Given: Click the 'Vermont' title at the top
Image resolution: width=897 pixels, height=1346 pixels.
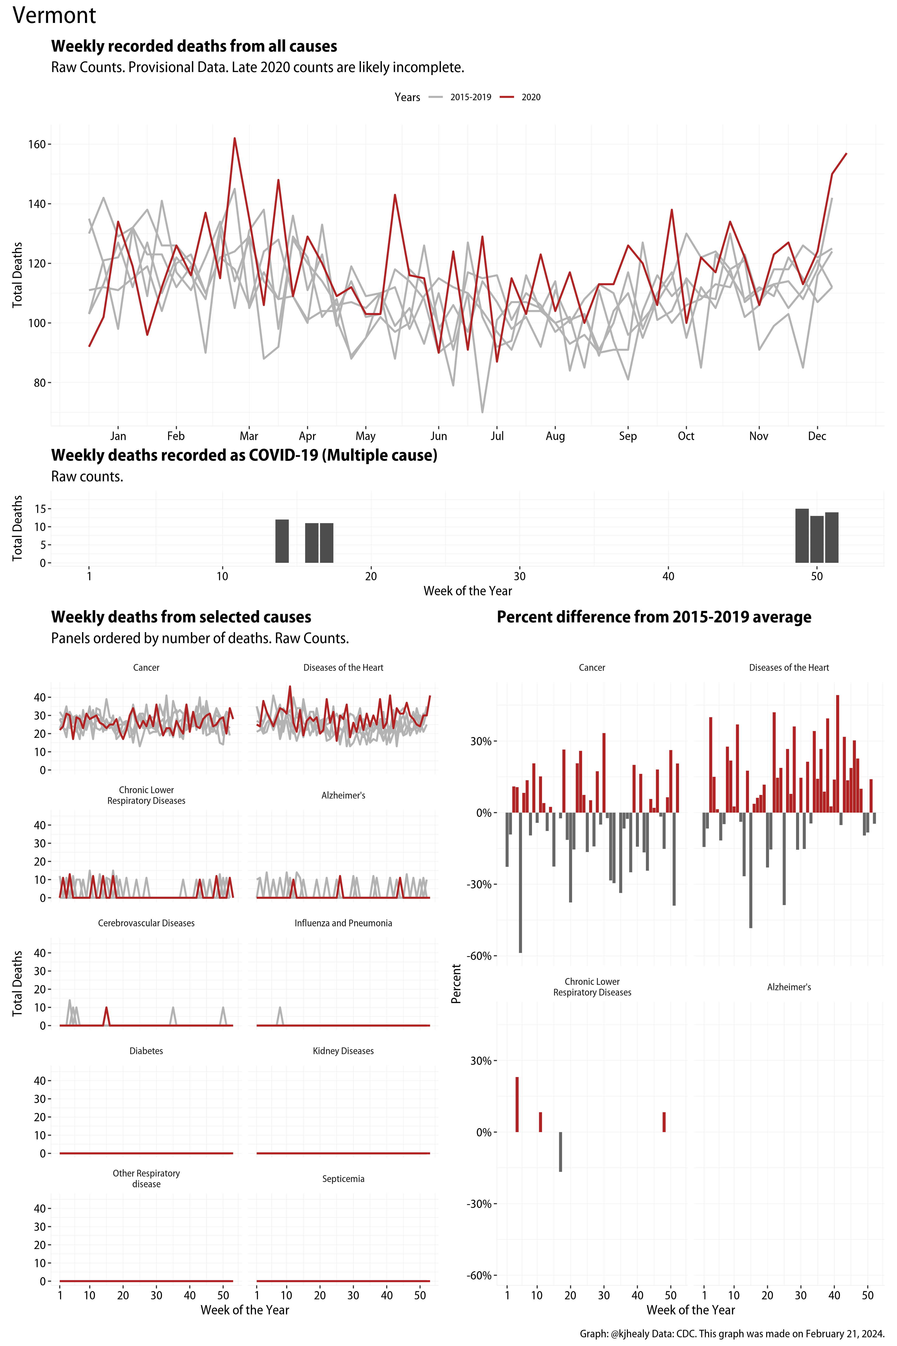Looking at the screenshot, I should [x=54, y=15].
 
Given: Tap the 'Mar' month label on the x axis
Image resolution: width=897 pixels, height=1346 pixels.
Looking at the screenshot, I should [x=249, y=436].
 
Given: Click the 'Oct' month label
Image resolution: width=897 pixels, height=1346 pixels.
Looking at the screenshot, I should [x=686, y=436].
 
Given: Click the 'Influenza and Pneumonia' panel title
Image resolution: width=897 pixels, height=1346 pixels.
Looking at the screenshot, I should [x=343, y=923].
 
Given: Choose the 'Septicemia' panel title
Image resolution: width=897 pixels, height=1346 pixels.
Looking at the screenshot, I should [x=343, y=1179].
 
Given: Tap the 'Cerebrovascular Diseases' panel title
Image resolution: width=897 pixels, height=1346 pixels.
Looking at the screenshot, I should [x=147, y=923].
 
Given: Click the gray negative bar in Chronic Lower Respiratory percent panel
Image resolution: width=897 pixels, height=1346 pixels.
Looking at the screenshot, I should [x=561, y=1151].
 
